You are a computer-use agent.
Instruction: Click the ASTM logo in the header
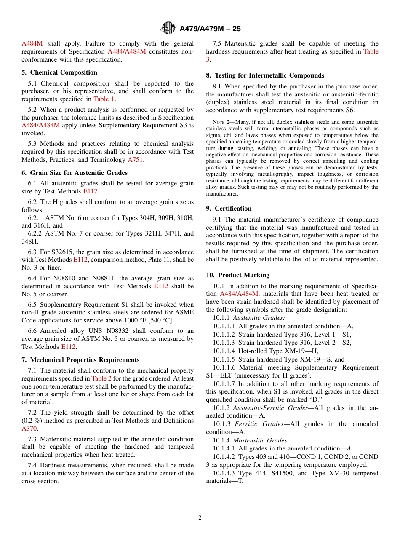pos(168,29)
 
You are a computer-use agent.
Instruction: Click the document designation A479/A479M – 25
pos(210,29)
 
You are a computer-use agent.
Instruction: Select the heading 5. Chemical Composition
pos(59,72)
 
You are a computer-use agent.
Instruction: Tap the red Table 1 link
pos(104,99)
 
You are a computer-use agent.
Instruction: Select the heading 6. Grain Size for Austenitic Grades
pos(75,173)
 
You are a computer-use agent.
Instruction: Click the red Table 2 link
pos(101,378)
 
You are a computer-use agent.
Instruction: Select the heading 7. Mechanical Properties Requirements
pos(80,360)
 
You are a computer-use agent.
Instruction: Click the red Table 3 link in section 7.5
pos(371,51)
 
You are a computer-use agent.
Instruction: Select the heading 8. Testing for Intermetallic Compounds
pos(265,75)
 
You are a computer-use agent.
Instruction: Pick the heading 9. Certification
pos(229,209)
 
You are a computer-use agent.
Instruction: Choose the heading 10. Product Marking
pos(237,275)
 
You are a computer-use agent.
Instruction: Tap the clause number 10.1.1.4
pos(224,351)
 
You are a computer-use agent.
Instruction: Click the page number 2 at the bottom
pos(200,518)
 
